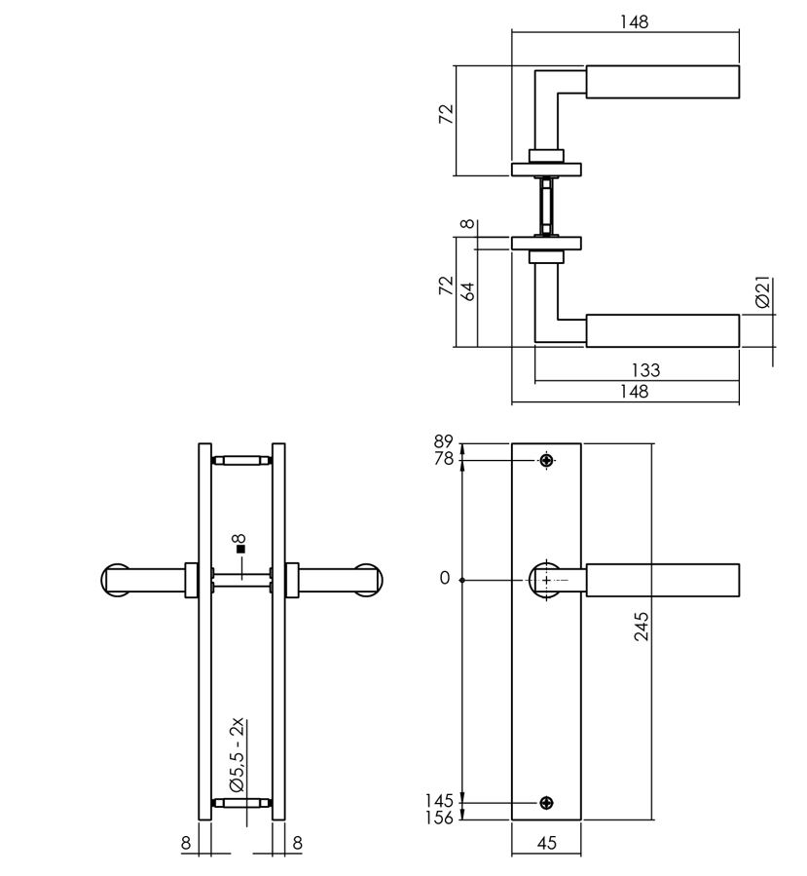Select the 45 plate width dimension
546,844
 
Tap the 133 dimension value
645,370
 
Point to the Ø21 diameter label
763,292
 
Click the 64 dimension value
469,289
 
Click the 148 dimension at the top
634,20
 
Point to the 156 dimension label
440,818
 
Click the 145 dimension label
440,801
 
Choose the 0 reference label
445,579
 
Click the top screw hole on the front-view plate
546,460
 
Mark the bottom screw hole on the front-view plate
546,803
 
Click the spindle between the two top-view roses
546,206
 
